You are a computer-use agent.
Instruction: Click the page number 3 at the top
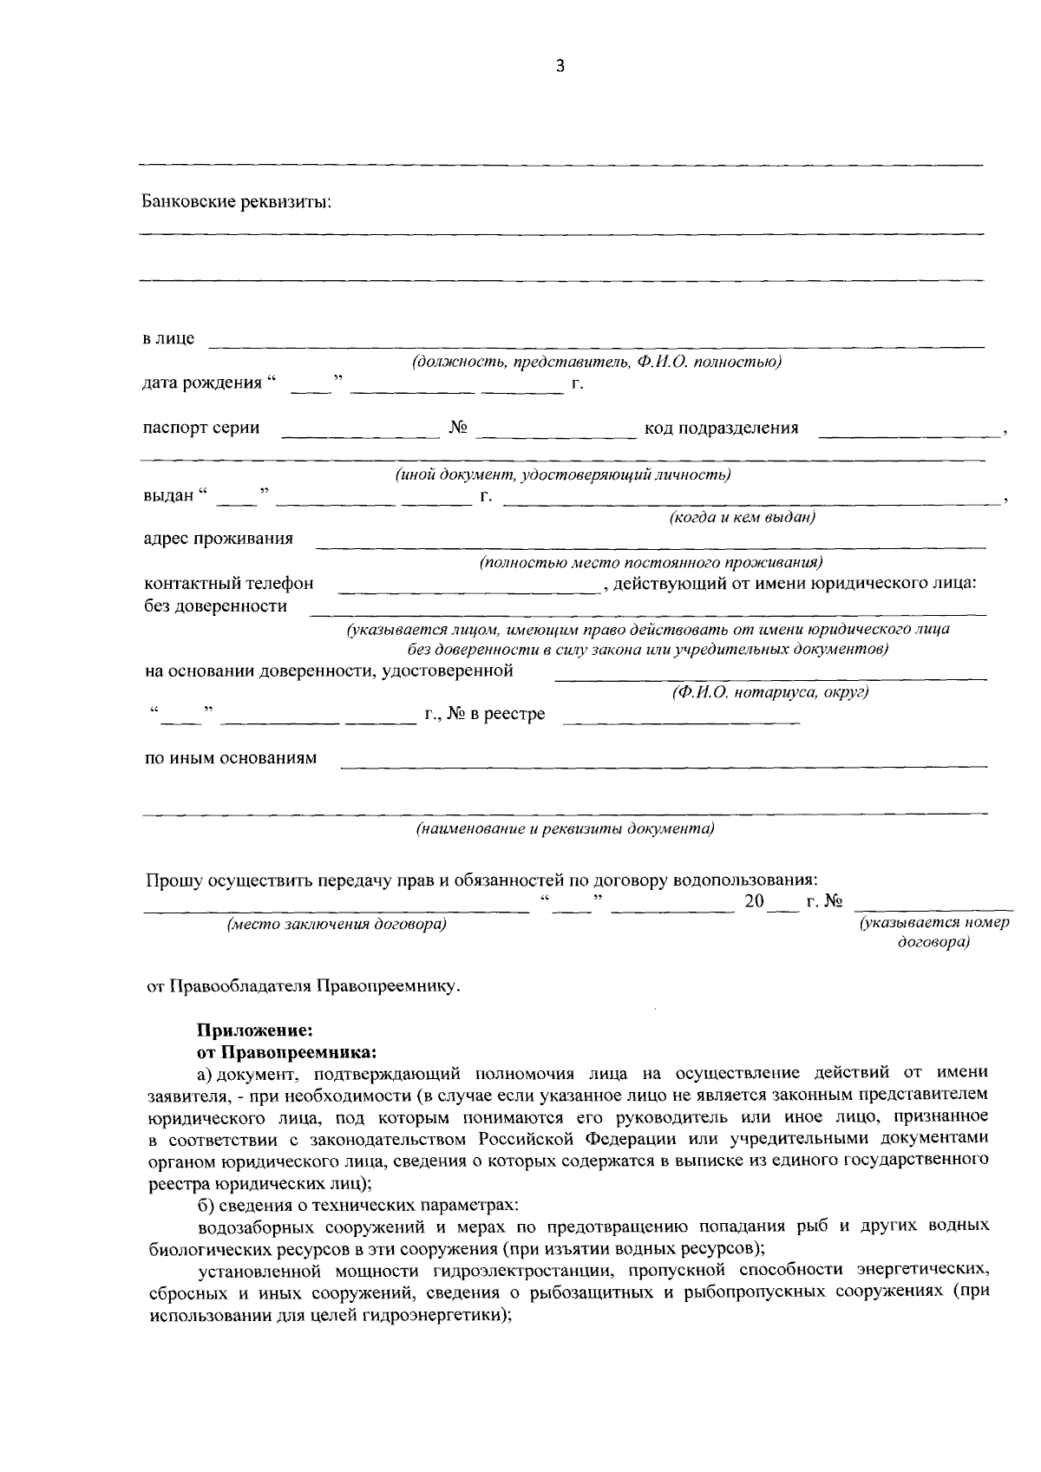click(560, 67)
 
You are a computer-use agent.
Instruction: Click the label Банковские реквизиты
click(237, 202)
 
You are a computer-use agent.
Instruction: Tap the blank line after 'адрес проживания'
click(651, 544)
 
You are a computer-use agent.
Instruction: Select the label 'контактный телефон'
click(228, 584)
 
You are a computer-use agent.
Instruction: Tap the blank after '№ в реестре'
click(681, 719)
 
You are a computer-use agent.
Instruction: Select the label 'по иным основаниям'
click(230, 758)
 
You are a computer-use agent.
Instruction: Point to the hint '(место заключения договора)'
click(337, 925)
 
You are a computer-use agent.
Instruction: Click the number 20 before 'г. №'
click(754, 902)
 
